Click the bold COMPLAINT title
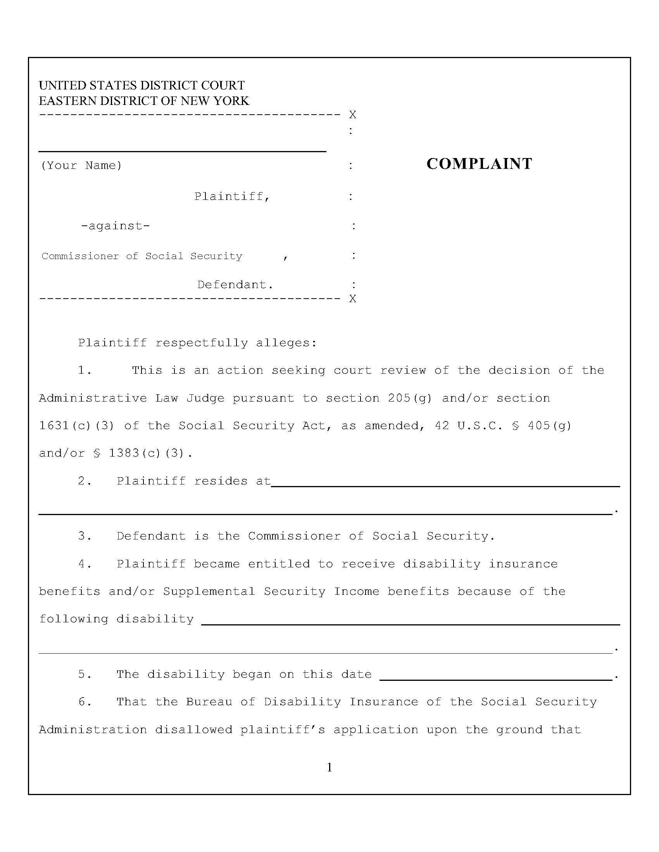(479, 164)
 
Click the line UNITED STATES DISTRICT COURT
(142, 85)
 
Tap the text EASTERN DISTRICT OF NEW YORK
(144, 101)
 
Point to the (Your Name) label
(81, 165)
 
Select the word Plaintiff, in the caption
(232, 196)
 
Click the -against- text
(115, 226)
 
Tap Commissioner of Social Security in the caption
(142, 256)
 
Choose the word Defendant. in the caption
(235, 285)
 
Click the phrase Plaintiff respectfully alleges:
(197, 343)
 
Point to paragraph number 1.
(85, 370)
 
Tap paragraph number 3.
(85, 536)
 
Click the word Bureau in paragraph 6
(209, 702)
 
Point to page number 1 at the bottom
(329, 768)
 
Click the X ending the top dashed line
(352, 115)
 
